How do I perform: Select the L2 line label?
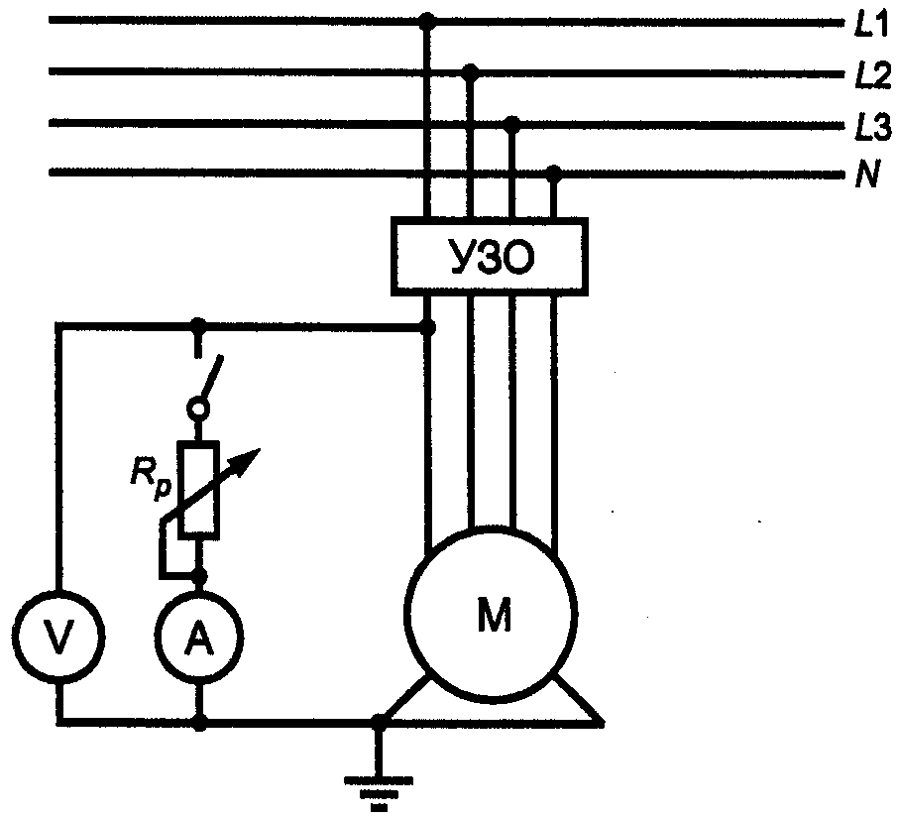872,75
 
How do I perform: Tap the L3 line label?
872,127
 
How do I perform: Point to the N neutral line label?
867,175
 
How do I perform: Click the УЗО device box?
490,257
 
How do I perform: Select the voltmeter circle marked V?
58,636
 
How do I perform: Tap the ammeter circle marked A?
198,638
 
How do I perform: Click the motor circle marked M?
491,614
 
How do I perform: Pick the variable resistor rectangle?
198,491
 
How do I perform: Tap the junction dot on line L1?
427,22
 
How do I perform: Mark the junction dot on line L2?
470,71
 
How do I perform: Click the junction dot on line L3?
512,123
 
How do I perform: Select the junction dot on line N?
554,172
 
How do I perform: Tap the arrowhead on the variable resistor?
249,460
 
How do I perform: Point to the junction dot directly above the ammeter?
198,577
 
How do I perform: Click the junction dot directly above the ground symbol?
379,722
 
